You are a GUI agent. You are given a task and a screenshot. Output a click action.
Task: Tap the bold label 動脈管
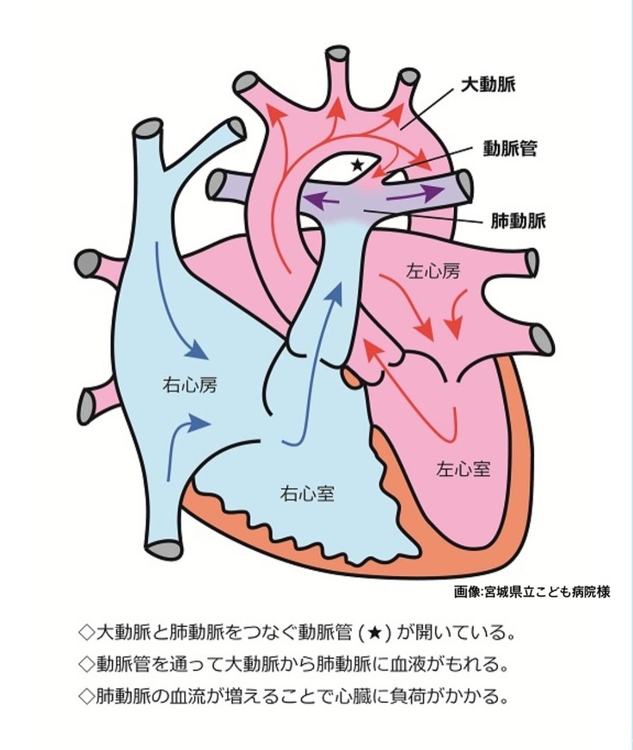click(509, 148)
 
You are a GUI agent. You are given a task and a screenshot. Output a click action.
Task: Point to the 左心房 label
click(432, 271)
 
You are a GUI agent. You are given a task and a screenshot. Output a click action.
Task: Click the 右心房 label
click(189, 385)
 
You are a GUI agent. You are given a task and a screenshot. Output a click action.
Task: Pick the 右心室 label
click(307, 494)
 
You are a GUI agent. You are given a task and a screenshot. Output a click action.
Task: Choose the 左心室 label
click(464, 469)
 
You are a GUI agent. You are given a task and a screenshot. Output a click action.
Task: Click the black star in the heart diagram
click(358, 164)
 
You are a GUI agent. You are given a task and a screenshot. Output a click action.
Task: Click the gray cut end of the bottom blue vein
click(163, 548)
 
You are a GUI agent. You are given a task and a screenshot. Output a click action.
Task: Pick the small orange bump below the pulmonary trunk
click(351, 375)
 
